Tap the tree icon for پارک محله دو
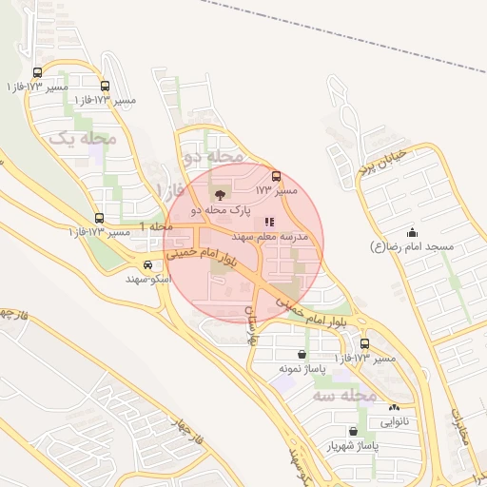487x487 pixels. (x=223, y=194)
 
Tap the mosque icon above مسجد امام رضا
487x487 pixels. (x=412, y=232)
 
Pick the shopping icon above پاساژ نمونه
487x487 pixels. (x=302, y=354)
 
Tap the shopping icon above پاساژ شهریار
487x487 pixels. (x=353, y=431)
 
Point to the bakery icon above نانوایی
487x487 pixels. (x=394, y=406)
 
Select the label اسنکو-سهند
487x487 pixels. (x=147, y=280)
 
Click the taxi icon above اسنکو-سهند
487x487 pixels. (x=147, y=265)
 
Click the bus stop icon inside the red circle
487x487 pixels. (x=277, y=176)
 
